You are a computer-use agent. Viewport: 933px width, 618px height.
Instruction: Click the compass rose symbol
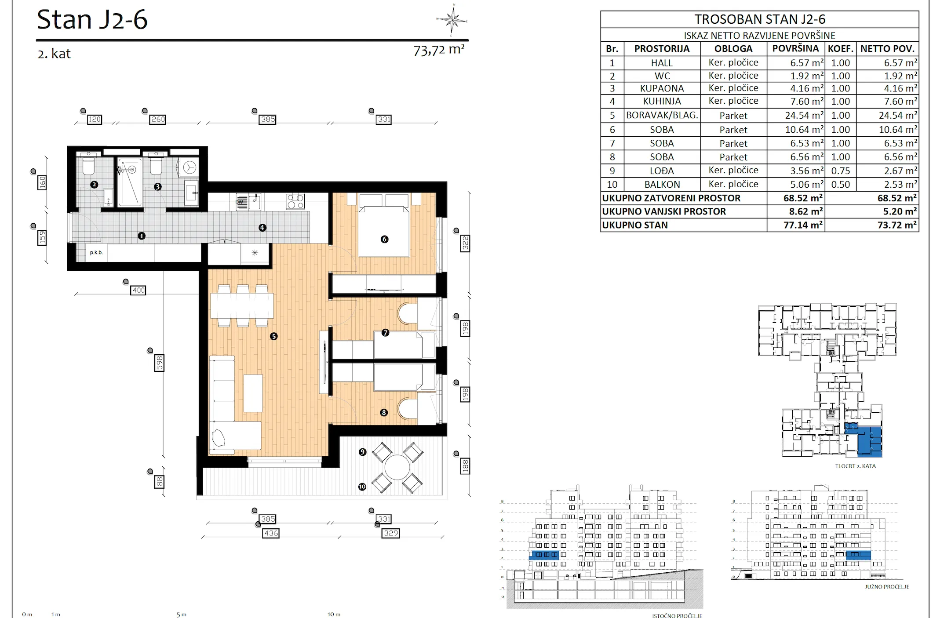pos(452,20)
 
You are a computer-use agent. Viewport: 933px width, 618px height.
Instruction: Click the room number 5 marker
pos(274,336)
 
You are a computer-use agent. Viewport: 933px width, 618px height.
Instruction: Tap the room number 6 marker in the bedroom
pos(384,239)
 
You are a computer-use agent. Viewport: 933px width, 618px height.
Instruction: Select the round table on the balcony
pos(397,467)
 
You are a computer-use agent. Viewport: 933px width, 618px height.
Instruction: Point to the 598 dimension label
pos(159,363)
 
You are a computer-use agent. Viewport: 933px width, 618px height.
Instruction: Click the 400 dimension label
pos(138,290)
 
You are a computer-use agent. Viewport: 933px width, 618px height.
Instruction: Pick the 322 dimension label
pos(465,243)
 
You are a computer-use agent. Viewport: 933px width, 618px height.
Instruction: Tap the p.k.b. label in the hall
pos(96,253)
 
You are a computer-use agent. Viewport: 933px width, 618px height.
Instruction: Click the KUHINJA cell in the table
pos(662,101)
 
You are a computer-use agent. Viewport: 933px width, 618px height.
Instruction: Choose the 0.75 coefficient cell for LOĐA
pos(840,171)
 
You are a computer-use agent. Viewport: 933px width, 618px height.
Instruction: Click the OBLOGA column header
pos(733,49)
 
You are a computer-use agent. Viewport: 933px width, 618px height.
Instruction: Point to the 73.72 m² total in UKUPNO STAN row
pos(897,225)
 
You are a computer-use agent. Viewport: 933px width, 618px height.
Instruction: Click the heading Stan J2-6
pos(92,20)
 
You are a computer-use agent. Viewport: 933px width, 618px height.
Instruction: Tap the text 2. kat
pos(54,54)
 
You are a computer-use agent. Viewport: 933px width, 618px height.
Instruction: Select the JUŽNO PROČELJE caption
pos(887,587)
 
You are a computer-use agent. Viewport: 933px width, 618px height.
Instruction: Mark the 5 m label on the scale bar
pos(182,614)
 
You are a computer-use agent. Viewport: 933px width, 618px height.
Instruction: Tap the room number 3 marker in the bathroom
pos(158,187)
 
